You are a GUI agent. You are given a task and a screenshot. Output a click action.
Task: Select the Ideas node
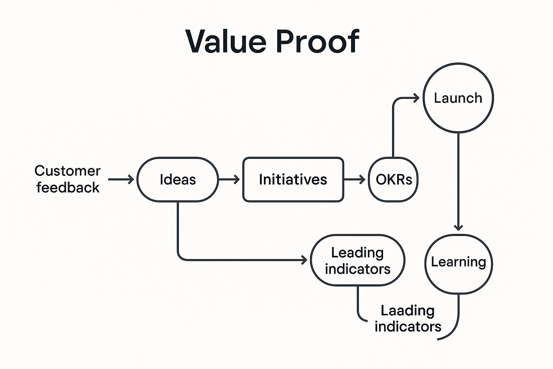click(177, 179)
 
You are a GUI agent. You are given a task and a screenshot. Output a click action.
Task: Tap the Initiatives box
click(293, 179)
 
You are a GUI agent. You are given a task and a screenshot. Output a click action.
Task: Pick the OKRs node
click(394, 179)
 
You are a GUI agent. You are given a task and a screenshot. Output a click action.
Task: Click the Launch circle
click(458, 98)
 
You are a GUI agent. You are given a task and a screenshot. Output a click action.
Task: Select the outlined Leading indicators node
click(358, 261)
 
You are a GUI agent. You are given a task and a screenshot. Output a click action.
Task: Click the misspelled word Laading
click(408, 310)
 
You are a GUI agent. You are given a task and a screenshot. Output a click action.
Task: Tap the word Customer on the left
click(68, 171)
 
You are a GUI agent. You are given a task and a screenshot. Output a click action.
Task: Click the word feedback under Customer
click(68, 187)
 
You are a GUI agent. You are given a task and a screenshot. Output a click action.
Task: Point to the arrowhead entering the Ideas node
click(131, 179)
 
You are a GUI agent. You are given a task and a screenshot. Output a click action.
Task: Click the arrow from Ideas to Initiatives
click(229, 179)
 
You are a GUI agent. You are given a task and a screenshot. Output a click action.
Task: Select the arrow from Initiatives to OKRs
click(355, 179)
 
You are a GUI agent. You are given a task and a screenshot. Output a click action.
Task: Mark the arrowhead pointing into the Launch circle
click(417, 98)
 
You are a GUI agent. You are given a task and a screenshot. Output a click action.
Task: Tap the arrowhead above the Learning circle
click(458, 227)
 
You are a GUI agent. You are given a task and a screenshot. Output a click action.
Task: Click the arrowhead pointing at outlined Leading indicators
click(305, 260)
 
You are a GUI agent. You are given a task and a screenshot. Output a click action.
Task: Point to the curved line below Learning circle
click(456, 324)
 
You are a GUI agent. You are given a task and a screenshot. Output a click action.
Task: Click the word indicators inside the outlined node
click(358, 269)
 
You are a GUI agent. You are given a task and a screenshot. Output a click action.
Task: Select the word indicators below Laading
click(408, 326)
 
